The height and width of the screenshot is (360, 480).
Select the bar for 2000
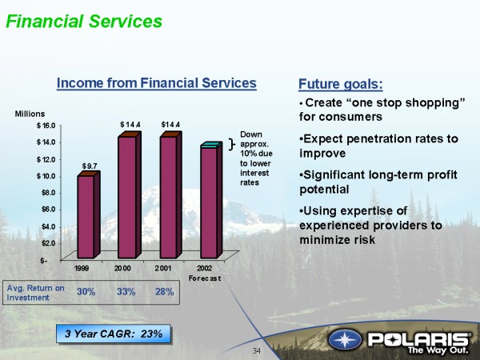click(x=130, y=195)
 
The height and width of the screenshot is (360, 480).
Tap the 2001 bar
click(x=171, y=195)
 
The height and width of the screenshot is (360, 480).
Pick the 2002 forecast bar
click(x=211, y=200)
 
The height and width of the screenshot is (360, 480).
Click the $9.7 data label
click(x=90, y=166)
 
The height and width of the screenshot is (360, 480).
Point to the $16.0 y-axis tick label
click(x=46, y=126)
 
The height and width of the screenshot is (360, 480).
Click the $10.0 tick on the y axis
click(x=46, y=176)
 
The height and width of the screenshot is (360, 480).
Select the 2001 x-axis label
click(x=163, y=268)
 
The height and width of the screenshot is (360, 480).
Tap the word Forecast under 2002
click(x=205, y=278)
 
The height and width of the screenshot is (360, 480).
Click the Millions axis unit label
click(x=30, y=114)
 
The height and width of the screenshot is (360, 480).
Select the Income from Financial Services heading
click(x=157, y=83)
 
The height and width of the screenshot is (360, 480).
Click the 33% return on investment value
click(x=126, y=292)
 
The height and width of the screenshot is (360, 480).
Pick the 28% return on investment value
click(x=164, y=292)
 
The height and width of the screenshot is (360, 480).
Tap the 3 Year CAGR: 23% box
click(x=114, y=334)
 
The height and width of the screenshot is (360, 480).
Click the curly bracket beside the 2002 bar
click(x=232, y=144)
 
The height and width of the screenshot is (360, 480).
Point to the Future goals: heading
click(x=341, y=84)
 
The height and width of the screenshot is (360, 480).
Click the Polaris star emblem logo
click(x=345, y=340)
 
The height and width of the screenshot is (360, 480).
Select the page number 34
click(x=257, y=351)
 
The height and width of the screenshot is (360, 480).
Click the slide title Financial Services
click(x=84, y=22)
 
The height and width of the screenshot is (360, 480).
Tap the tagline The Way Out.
click(x=438, y=350)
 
